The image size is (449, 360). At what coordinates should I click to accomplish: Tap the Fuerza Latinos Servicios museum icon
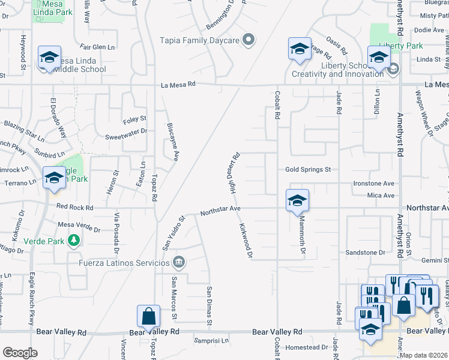(x=178, y=262)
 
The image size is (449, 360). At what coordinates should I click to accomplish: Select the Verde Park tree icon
(x=74, y=241)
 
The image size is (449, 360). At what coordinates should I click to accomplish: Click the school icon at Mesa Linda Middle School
(x=49, y=58)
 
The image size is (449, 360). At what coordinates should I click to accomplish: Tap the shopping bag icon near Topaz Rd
(x=148, y=316)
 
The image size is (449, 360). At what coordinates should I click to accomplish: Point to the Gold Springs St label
(x=308, y=170)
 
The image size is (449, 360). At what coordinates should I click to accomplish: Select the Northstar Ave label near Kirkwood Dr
(x=220, y=210)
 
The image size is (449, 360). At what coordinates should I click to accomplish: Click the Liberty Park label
(x=400, y=46)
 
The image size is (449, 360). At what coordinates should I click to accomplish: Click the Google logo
(x=20, y=352)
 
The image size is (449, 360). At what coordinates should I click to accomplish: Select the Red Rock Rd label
(x=74, y=208)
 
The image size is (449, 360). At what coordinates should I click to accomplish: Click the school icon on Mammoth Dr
(x=297, y=200)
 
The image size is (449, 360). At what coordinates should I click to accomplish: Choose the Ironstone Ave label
(x=373, y=183)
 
